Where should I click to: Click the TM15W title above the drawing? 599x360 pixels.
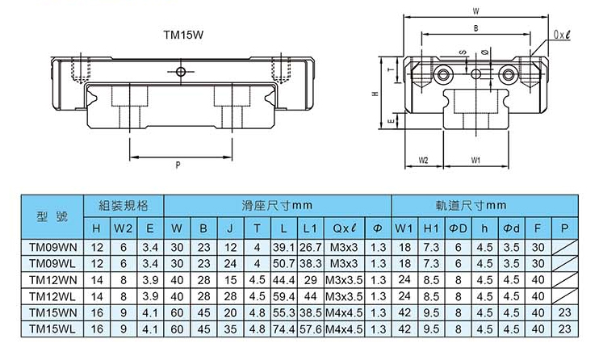coord(184,35)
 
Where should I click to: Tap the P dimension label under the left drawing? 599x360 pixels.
coord(178,165)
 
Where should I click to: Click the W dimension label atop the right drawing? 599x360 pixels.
coord(476,11)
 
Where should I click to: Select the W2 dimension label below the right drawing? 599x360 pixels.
coord(423,160)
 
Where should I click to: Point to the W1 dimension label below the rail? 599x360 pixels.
coord(475,160)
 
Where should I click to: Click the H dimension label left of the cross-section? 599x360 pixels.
coord(375,94)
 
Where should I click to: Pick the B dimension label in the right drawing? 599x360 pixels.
coord(476,28)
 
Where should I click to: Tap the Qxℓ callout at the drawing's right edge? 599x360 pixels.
coord(562,35)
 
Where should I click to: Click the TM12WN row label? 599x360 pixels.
coord(53,280)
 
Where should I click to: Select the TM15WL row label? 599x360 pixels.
coord(52,329)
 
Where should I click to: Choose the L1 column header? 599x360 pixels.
coord(310,228)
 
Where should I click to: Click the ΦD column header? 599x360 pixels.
coord(458,228)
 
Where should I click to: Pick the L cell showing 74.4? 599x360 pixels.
coord(284,329)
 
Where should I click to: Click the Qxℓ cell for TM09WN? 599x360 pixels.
coord(344,247)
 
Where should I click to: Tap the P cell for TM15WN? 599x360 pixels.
coord(564,312)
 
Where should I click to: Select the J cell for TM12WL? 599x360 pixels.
coord(230,296)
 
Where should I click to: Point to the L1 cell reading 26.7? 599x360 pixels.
coord(310,247)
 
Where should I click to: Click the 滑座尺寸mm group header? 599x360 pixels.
coord(278,206)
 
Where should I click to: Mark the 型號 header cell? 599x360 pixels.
coord(52,216)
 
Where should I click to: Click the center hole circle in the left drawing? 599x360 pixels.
coord(180,72)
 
